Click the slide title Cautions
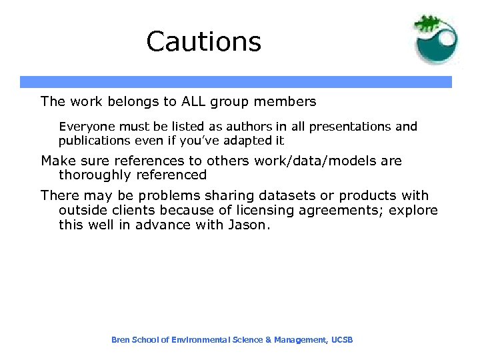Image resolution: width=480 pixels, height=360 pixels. click(x=203, y=41)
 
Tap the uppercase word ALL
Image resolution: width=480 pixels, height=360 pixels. click(x=195, y=102)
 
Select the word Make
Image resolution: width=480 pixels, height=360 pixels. click(x=56, y=161)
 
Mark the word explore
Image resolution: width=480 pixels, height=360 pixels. click(x=414, y=211)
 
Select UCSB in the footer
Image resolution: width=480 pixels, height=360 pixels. click(x=341, y=340)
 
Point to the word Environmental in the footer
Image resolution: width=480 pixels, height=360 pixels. click(x=201, y=340)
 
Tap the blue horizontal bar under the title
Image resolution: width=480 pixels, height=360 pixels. click(x=235, y=82)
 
